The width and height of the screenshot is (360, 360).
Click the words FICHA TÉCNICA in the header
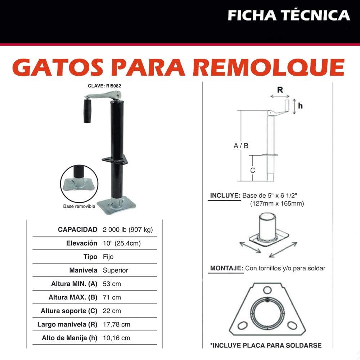289,15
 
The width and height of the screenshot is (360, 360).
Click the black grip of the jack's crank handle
88,111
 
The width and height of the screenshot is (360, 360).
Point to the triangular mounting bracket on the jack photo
114,159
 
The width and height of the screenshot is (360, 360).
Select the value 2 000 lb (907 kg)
128,230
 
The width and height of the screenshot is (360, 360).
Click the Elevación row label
82,243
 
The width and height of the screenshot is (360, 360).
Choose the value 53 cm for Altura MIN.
112,284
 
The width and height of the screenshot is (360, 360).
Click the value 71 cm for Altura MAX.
112,297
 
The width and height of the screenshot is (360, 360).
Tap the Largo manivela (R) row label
67,325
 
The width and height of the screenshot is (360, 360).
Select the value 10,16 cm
116,338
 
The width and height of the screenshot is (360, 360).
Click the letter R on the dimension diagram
279,90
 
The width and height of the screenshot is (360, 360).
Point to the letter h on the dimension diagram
300,105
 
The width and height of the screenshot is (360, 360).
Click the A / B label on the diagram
241,146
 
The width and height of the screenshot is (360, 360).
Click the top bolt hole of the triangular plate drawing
267,290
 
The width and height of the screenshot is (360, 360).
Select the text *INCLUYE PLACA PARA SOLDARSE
266,345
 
